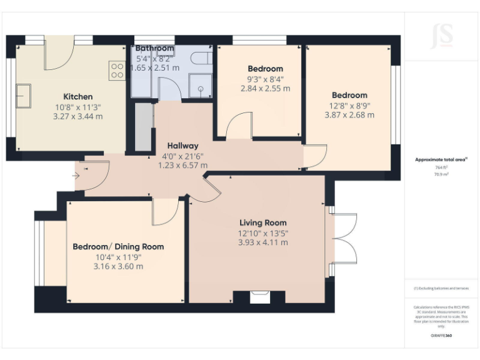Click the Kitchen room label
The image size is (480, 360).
(78, 96)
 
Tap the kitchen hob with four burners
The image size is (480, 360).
(117, 70)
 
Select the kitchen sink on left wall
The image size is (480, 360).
(24, 96)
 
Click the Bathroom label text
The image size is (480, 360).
(154, 48)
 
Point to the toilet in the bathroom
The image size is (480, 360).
(200, 59)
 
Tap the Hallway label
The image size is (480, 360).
(182, 145)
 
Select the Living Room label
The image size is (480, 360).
(263, 222)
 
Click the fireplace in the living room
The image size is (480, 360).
(257, 297)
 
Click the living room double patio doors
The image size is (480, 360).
(342, 239)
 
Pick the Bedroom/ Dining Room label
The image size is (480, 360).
(118, 246)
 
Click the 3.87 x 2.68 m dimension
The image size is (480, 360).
(349, 115)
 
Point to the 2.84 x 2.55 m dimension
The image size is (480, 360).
(265, 89)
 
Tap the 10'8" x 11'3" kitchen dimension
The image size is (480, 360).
(78, 106)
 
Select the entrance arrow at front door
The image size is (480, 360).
(76, 176)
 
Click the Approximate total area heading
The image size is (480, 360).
(441, 160)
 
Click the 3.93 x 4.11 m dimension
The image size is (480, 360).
(263, 242)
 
